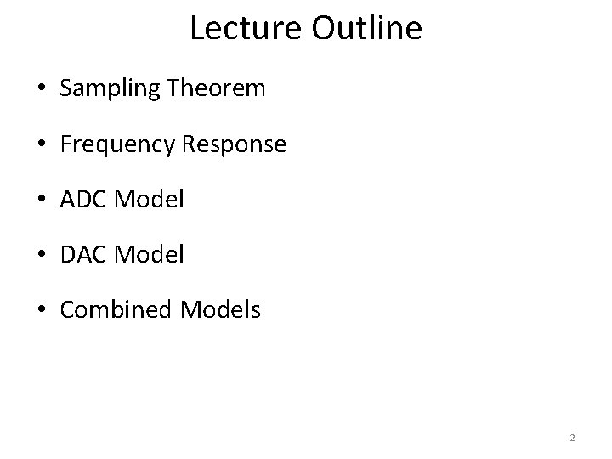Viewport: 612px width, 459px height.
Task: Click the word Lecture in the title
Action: click(x=246, y=29)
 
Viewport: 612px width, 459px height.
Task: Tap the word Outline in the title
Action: click(x=367, y=29)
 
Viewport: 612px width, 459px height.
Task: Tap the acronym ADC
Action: click(x=83, y=201)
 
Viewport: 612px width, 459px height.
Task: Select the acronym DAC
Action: click(x=83, y=255)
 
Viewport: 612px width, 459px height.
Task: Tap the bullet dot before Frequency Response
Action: click(x=43, y=146)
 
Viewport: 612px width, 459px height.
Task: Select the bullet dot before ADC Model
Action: click(x=43, y=201)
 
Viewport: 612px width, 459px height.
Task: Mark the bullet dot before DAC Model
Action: click(x=43, y=256)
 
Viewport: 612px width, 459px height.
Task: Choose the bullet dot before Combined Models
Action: click(x=43, y=311)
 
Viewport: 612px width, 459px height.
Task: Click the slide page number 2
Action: click(x=572, y=437)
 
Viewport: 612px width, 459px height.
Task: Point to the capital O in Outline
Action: click(x=326, y=29)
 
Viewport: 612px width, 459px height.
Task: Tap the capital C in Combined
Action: click(x=68, y=310)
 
